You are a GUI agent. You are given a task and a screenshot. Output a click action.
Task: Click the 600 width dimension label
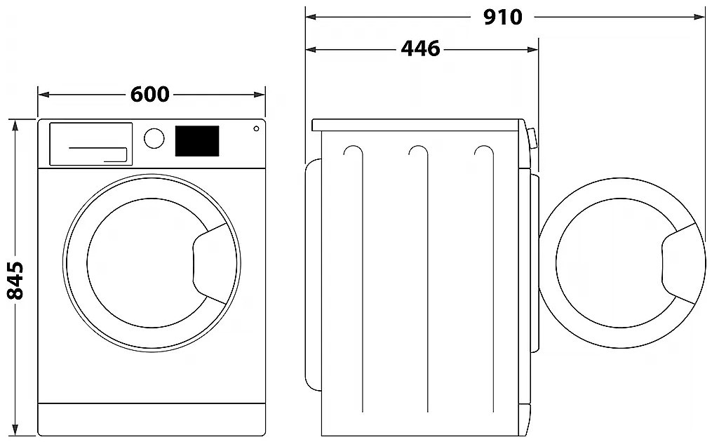[149, 95]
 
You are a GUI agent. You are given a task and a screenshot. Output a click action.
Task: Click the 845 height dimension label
[15, 280]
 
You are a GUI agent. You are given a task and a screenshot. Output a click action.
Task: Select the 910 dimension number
[502, 18]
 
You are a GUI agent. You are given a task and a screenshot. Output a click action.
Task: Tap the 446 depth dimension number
[420, 48]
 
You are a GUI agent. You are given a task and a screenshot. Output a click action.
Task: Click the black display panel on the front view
[197, 141]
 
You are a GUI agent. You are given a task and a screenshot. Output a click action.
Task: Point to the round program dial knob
[154, 138]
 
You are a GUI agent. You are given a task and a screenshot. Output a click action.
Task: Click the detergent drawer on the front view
[90, 144]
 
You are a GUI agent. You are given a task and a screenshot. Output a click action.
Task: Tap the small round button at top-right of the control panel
[256, 128]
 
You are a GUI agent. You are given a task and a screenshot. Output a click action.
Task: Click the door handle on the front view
[210, 264]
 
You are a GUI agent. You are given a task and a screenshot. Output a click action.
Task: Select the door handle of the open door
[678, 264]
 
